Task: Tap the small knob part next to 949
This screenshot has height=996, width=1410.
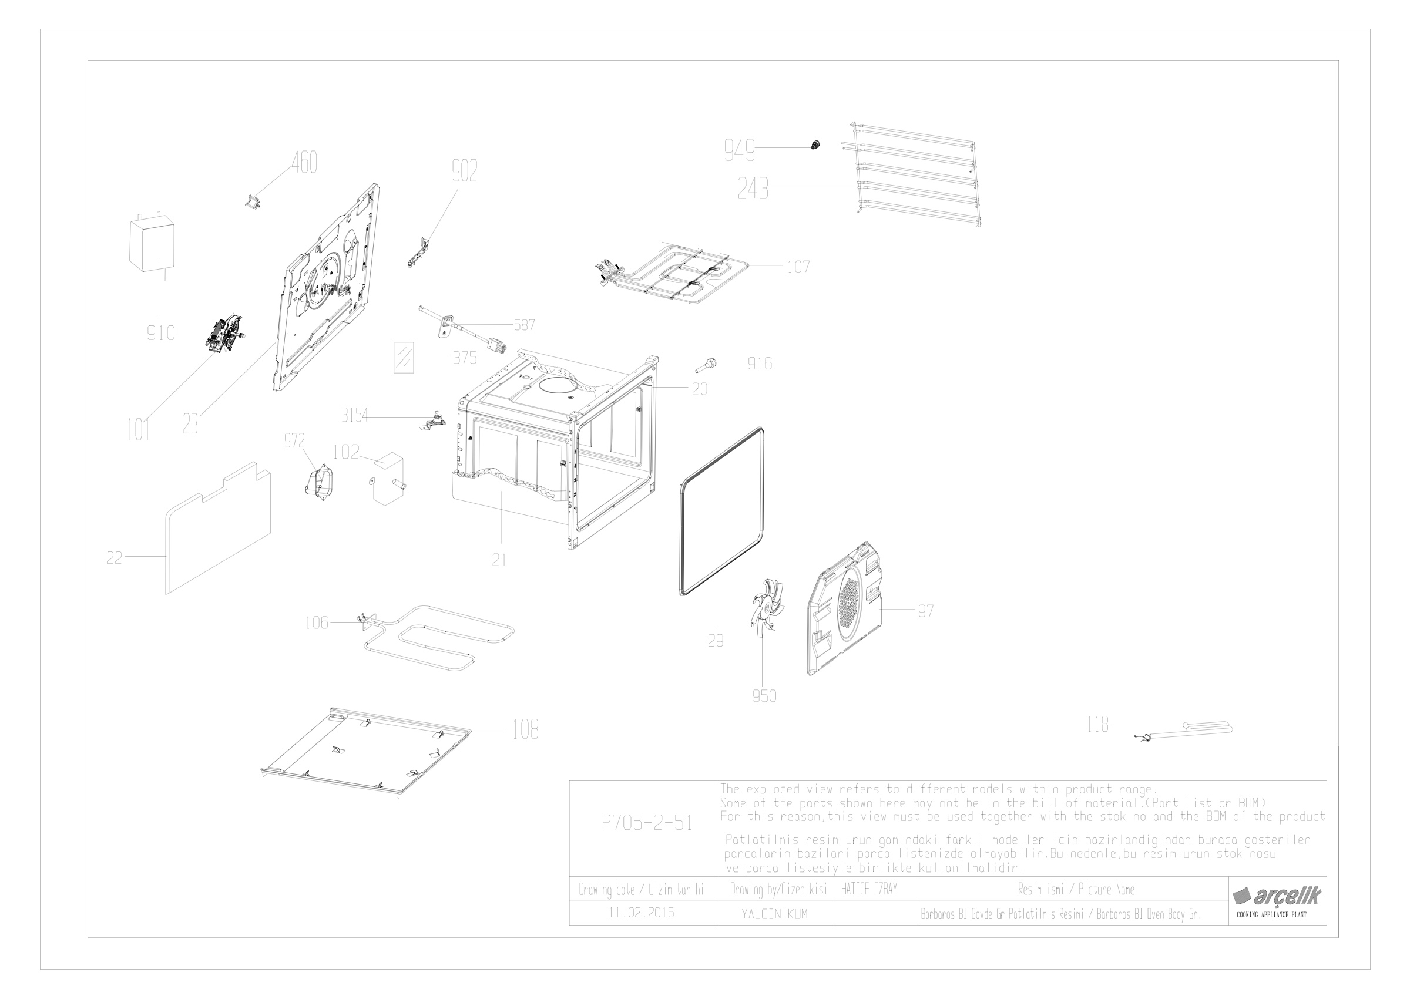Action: pos(815,146)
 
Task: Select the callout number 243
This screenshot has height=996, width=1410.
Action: pos(753,189)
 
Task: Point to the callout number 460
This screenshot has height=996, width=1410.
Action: pos(304,163)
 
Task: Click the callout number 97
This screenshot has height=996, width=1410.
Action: pos(925,611)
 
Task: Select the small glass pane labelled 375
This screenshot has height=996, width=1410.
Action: pos(404,357)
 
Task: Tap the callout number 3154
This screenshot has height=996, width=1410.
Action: pos(354,416)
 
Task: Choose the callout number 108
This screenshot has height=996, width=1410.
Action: pos(525,729)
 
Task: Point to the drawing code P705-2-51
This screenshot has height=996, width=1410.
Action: pos(647,823)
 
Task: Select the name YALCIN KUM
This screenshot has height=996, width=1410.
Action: pos(774,914)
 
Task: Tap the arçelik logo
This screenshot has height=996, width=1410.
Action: pos(1276,896)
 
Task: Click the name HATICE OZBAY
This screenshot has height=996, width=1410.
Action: pos(869,889)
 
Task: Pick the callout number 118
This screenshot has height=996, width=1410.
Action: pos(1097,725)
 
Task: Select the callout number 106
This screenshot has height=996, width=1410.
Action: pos(317,623)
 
